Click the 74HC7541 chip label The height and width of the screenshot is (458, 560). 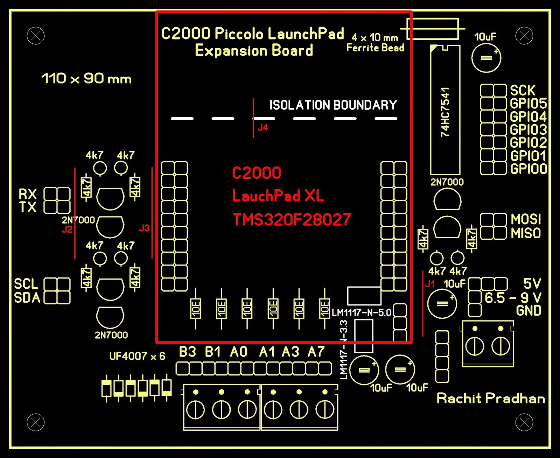445,112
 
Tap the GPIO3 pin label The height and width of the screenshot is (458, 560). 528,130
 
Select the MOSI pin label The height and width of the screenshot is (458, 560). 526,219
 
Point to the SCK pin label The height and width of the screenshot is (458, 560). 523,90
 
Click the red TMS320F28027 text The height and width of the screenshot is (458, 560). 292,220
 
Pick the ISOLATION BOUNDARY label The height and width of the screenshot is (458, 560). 333,105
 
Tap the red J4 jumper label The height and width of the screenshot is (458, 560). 262,128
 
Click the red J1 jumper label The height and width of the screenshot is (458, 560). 429,283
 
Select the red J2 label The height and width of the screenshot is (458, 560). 67,229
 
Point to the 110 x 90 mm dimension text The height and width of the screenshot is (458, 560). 86,79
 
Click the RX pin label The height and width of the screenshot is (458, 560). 28,194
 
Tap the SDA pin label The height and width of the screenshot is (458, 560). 27,298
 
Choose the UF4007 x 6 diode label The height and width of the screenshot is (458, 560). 137,356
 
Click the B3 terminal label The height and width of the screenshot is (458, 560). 187,352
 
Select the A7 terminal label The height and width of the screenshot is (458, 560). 316,352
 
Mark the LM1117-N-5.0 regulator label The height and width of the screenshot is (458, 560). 361,312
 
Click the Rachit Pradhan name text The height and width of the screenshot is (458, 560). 491,399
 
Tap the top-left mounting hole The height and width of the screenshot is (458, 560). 36,36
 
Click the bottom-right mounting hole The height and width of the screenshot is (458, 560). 524,422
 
